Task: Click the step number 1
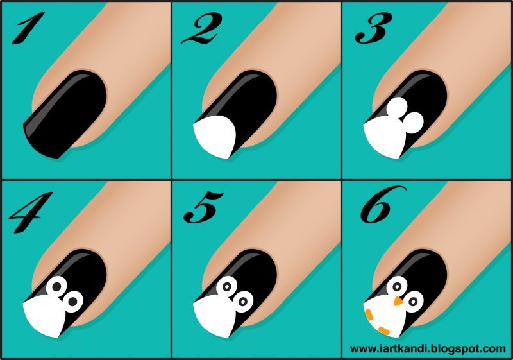pyautogui.click(x=29, y=28)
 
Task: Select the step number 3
pyautogui.click(x=374, y=28)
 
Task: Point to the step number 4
pyautogui.click(x=30, y=212)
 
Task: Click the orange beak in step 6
pyautogui.click(x=398, y=301)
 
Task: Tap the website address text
pyautogui.click(x=428, y=348)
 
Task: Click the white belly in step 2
pyautogui.click(x=214, y=137)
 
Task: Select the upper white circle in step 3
pyautogui.click(x=398, y=108)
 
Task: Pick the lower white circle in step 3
pyautogui.click(x=413, y=123)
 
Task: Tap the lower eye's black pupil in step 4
pyautogui.click(x=72, y=302)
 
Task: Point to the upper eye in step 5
pyautogui.click(x=227, y=287)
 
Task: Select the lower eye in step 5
pyautogui.click(x=243, y=302)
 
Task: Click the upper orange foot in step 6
pyautogui.click(x=370, y=314)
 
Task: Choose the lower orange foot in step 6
pyautogui.click(x=383, y=330)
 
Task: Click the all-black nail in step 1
pyautogui.click(x=65, y=113)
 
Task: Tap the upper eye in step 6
pyautogui.click(x=397, y=287)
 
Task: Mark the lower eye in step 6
pyautogui.click(x=414, y=302)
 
